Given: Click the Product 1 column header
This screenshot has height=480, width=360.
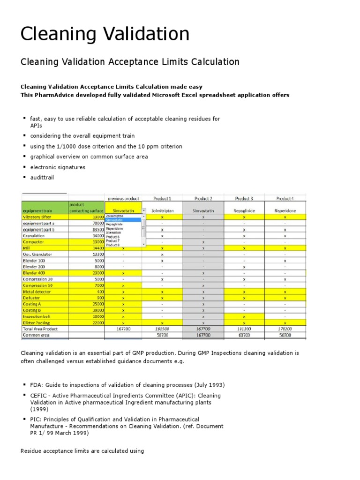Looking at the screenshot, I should tap(162, 198).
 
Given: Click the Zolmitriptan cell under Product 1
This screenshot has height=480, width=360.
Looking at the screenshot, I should tap(162, 211).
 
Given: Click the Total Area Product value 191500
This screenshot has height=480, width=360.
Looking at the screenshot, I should tap(162, 329).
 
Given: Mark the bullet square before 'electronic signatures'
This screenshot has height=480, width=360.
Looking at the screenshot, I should tap(23, 167).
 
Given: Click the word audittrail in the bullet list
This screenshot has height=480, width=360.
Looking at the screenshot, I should tap(42, 178).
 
